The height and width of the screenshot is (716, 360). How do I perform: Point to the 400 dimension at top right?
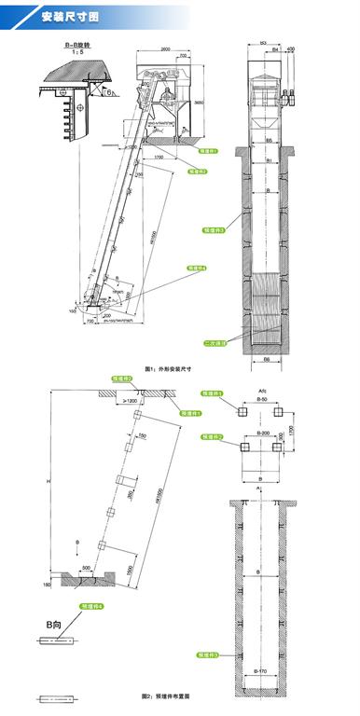pyautogui.click(x=291, y=48)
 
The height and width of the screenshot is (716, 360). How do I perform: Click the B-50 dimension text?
pyautogui.click(x=264, y=398)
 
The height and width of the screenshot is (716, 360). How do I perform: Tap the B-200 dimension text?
pyautogui.click(x=264, y=434)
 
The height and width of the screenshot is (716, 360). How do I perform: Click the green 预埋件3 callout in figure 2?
pyautogui.click(x=215, y=655)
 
